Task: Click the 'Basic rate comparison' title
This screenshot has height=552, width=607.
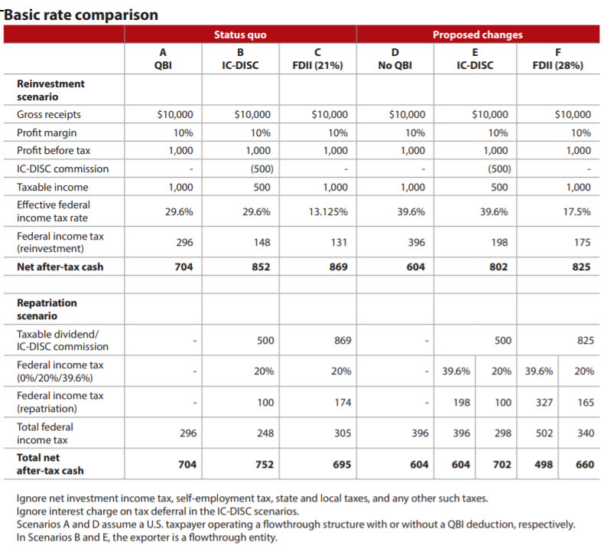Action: [x=81, y=15]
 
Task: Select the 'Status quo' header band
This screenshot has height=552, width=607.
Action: [x=240, y=34]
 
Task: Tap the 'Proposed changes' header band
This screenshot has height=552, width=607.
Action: [x=478, y=34]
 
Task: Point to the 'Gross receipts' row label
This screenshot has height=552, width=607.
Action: [x=49, y=114]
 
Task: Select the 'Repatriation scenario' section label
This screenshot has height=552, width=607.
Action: [x=47, y=309]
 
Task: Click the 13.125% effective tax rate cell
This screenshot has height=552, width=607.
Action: [x=328, y=212]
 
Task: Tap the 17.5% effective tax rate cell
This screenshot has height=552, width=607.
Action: [x=576, y=212]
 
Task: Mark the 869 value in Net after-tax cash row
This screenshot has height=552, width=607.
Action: [x=336, y=267]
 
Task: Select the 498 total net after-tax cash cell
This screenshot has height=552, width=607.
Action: [x=543, y=464]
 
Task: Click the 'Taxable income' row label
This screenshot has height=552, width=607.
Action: [x=52, y=187]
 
